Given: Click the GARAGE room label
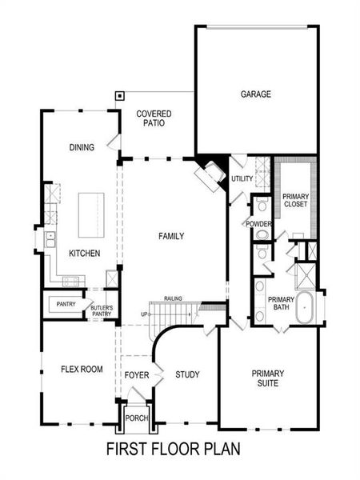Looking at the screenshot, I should coord(256,94).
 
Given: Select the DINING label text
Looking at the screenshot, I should coord(82,146).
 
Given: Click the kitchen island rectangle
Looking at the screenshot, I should coord(93,214).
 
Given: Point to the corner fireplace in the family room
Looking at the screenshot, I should coord(211,176).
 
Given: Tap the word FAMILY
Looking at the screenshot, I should coord(171,236).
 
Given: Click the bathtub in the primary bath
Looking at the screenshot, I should coord(306,309).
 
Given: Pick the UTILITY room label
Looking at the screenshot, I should coord(242,179).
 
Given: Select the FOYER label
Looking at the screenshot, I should coord(138,374).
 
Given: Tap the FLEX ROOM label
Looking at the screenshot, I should coord(82,369).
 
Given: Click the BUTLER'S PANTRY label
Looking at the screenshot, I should coord(102,310).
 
